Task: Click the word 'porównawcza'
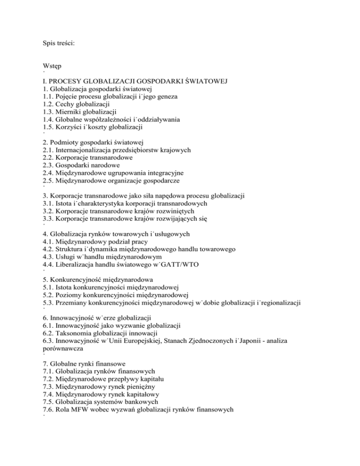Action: pos(64,350)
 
